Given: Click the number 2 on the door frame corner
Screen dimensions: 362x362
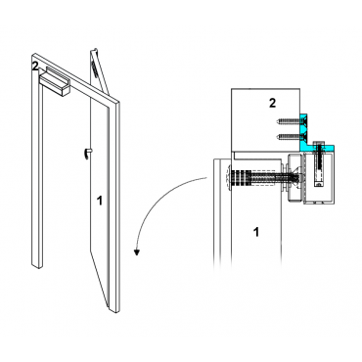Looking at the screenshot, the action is (x=35, y=66).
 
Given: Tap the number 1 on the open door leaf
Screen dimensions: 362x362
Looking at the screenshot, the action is (x=100, y=201).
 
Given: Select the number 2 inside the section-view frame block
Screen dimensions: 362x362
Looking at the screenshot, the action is (x=272, y=103).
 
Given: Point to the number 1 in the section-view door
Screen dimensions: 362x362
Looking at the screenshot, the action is (x=256, y=232).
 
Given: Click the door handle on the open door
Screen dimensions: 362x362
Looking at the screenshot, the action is (x=88, y=154).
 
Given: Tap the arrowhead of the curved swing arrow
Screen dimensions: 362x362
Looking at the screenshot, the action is (x=138, y=252).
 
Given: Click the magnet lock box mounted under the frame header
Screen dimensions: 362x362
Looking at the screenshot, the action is (x=55, y=83).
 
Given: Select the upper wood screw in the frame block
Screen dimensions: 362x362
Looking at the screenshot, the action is (x=288, y=122).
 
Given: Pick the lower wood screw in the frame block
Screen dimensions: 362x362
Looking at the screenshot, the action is (x=288, y=137).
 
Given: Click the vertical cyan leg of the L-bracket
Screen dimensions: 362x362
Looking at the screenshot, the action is (x=303, y=130).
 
